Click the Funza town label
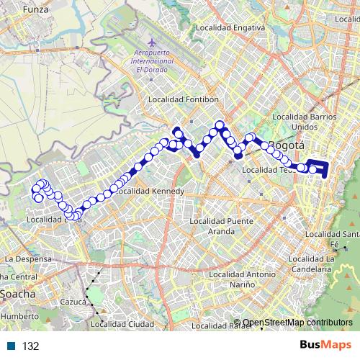(x=34, y=10)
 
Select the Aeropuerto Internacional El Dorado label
(x=153, y=66)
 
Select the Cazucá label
(x=74, y=302)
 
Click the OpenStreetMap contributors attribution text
(x=297, y=323)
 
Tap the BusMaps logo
(x=325, y=346)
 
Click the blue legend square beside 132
(x=11, y=346)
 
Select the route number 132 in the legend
(x=30, y=346)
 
